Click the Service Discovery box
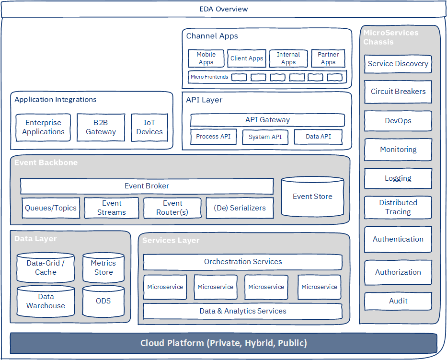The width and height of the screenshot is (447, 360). click(398, 64)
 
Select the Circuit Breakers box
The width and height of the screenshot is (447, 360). click(398, 92)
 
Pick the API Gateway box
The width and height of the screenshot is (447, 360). click(267, 120)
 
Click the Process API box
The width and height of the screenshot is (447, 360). click(213, 137)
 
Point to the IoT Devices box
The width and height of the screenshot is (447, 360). click(149, 127)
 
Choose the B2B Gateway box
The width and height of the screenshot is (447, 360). click(101, 127)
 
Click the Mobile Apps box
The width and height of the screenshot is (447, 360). click(206, 58)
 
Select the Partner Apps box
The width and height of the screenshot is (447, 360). click(328, 58)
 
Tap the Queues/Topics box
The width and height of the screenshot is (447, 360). click(51, 208)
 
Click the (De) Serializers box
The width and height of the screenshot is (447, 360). click(240, 208)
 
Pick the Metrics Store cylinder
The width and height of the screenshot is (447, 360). click(103, 267)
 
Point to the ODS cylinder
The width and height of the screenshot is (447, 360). click(103, 301)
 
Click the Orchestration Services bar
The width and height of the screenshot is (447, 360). click(243, 262)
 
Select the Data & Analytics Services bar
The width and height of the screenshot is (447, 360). click(243, 311)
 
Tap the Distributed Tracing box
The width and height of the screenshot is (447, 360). click(398, 208)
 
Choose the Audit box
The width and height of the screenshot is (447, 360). click(398, 301)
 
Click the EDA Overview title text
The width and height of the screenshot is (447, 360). click(223, 9)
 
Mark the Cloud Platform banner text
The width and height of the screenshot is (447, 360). click(223, 343)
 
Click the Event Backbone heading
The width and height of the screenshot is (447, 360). click(46, 163)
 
